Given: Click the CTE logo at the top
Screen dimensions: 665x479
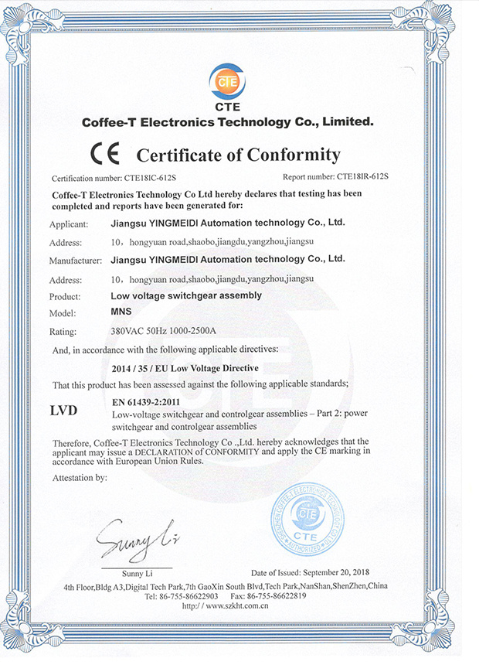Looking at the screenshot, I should pyautogui.click(x=228, y=81).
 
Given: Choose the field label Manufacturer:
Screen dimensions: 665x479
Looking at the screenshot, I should pyautogui.click(x=76, y=260).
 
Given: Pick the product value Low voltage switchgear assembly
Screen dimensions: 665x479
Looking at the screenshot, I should pyautogui.click(x=186, y=295).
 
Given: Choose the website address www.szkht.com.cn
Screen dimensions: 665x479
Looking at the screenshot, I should pyautogui.click(x=236, y=607).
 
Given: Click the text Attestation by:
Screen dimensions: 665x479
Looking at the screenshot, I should pyautogui.click(x=80, y=478).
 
